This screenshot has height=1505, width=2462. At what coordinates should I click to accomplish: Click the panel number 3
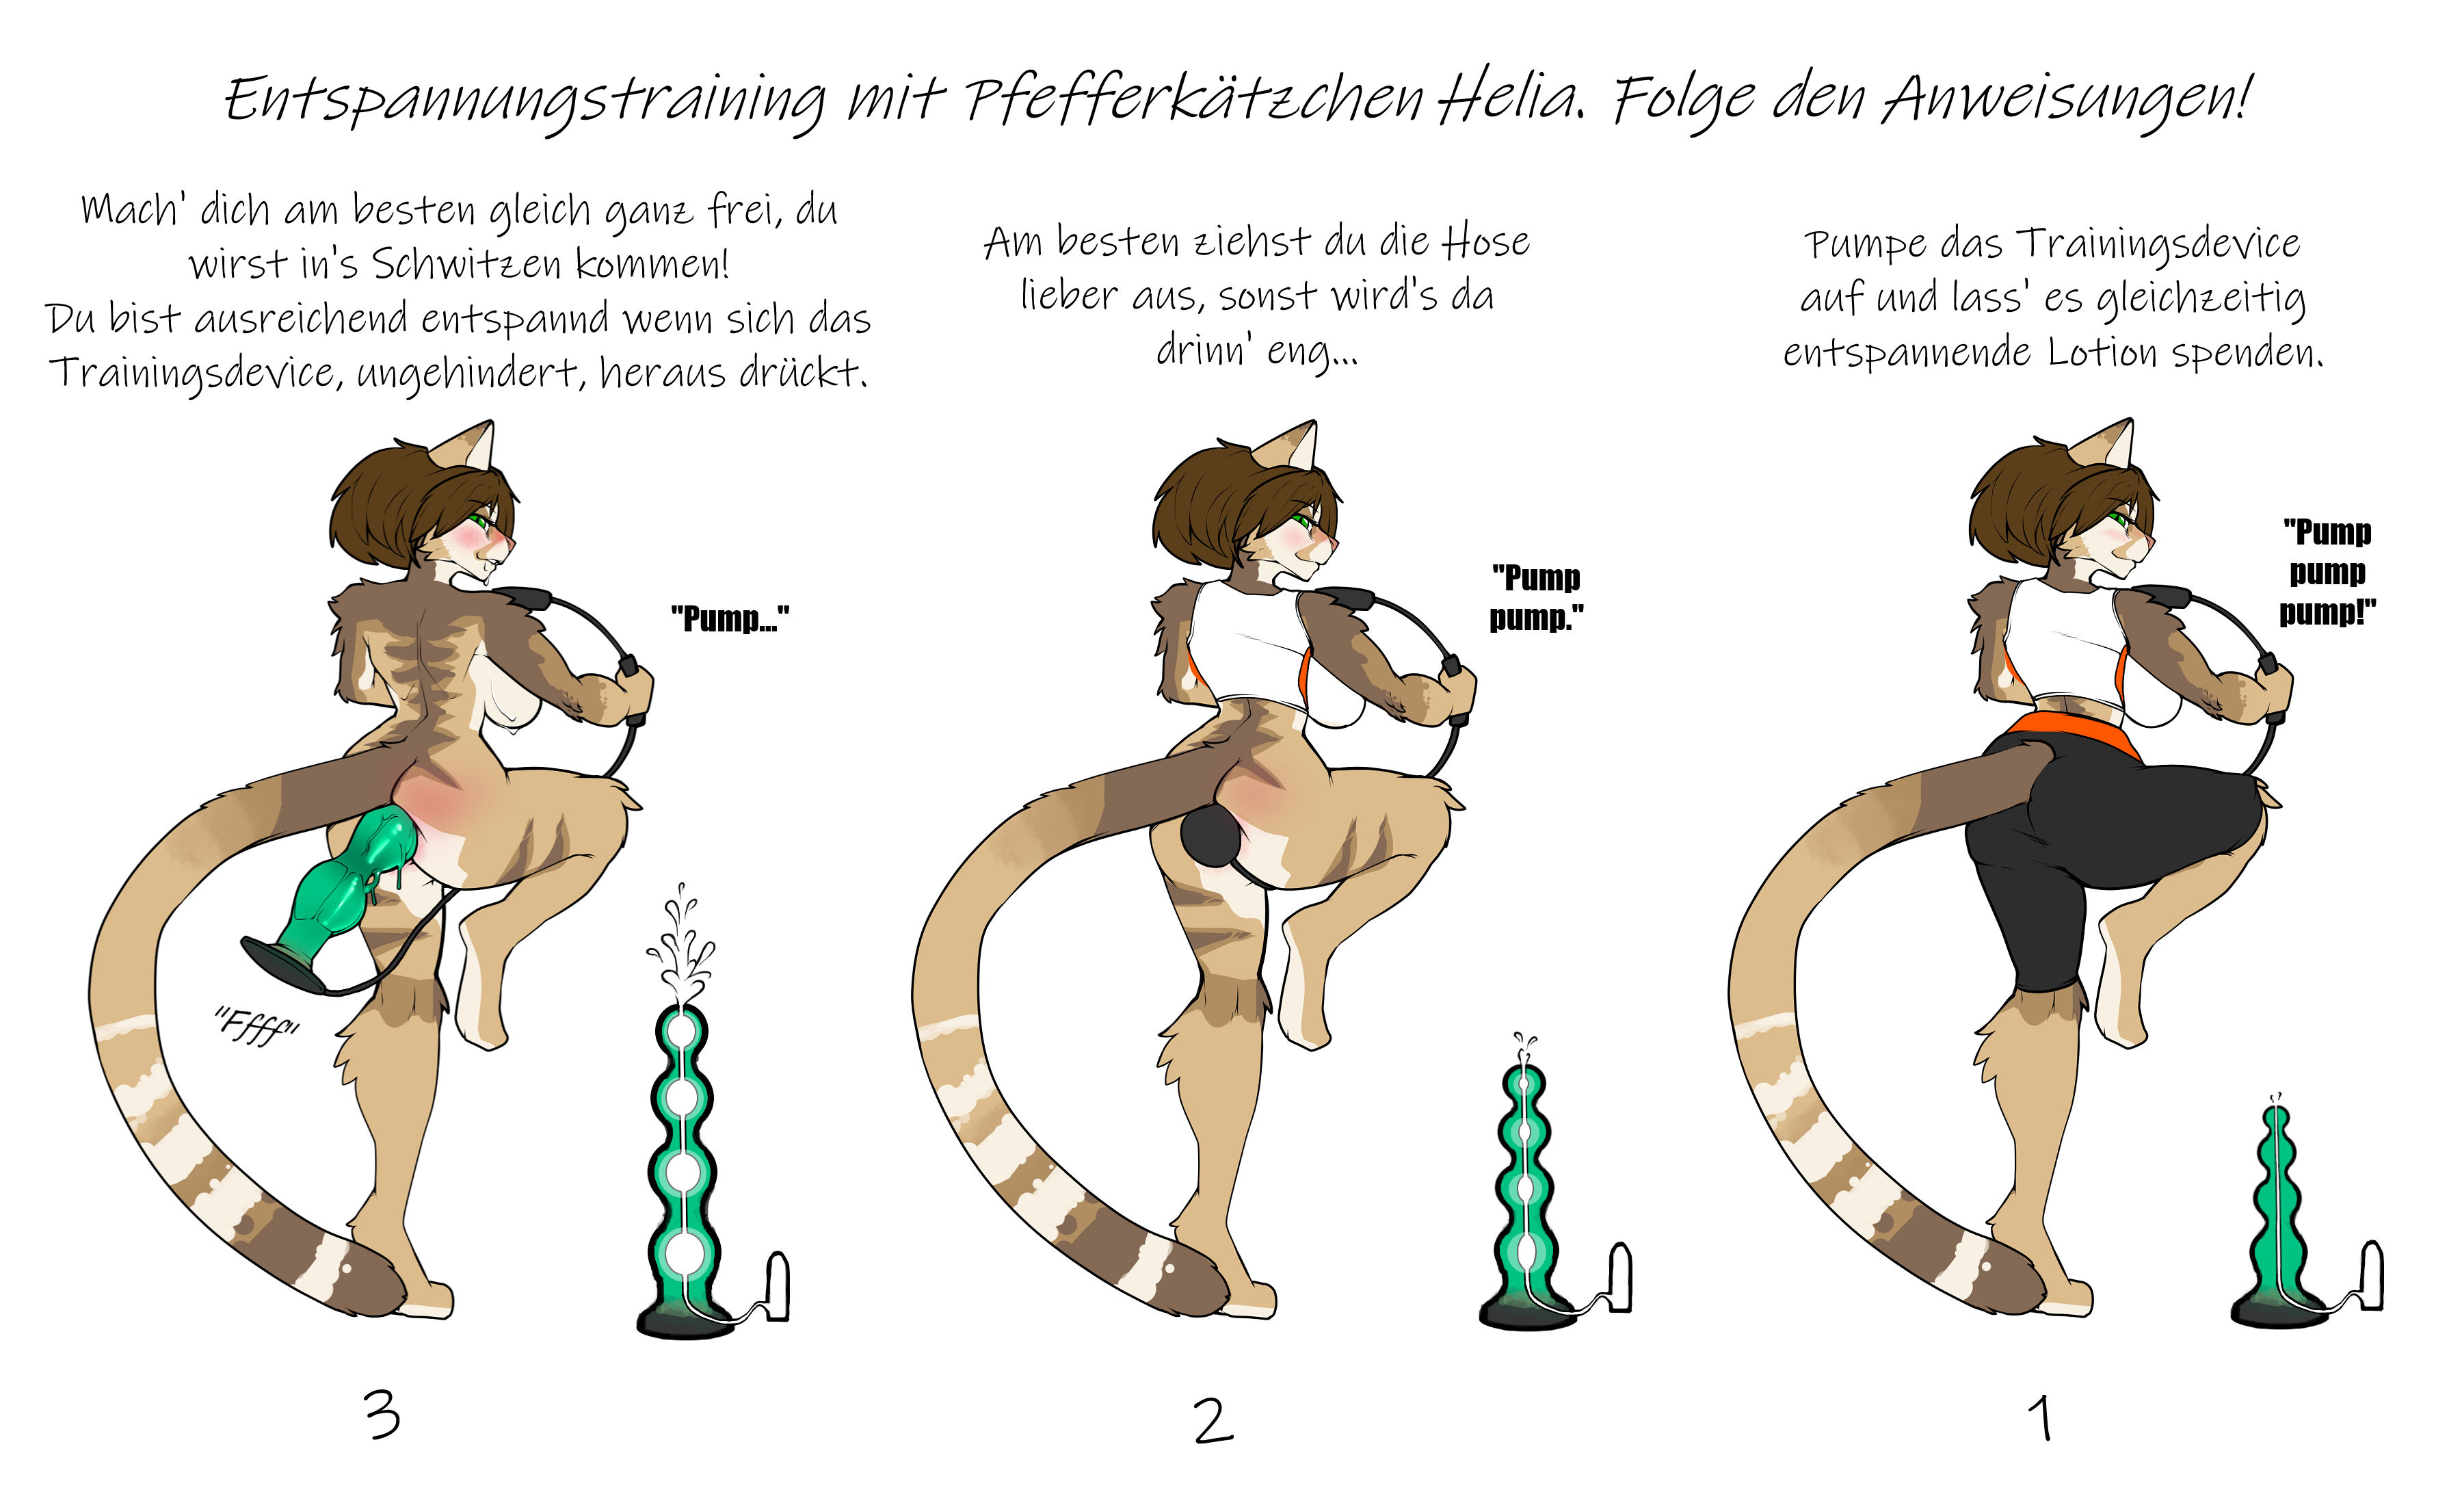click(x=382, y=1416)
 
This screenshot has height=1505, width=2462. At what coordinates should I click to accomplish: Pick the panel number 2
click(x=1213, y=1420)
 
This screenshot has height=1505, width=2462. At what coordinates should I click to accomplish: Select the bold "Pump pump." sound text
click(x=1537, y=598)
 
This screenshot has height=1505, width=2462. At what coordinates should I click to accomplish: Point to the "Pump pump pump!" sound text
click(x=2328, y=572)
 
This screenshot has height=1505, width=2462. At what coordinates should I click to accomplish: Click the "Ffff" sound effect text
click(x=256, y=1025)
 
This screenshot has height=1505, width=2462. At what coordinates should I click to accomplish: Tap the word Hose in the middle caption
click(x=1486, y=242)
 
